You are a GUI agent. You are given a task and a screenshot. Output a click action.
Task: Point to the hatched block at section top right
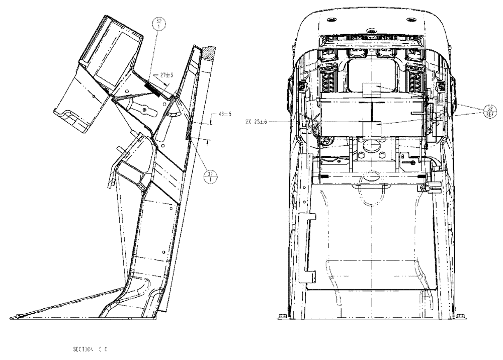pos(209,52)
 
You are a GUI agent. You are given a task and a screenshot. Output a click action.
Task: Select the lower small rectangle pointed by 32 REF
pos(373,129)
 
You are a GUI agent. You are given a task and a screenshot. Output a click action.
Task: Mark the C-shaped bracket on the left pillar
pos(306,246)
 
